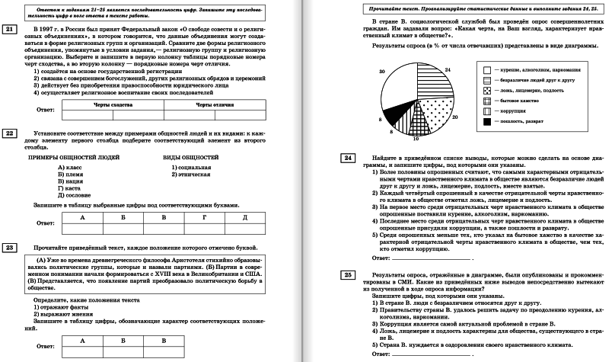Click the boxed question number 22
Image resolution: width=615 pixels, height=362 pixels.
[10, 134]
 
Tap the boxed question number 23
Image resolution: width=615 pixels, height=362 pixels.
[10, 248]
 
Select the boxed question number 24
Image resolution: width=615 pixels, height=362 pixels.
[347, 158]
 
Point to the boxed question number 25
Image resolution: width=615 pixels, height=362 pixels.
[347, 274]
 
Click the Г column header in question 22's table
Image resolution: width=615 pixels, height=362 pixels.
[203, 217]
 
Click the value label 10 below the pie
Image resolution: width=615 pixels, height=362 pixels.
[416, 139]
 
